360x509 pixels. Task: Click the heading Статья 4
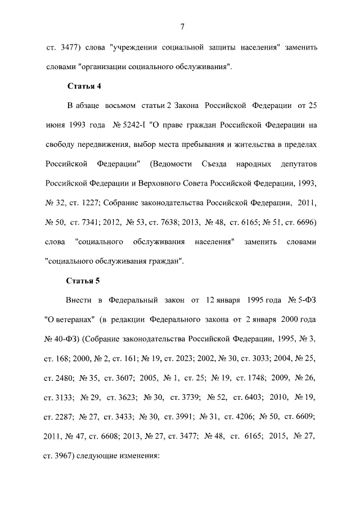click(84, 86)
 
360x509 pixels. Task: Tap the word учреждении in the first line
click(138, 47)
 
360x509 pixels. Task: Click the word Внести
click(80, 299)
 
